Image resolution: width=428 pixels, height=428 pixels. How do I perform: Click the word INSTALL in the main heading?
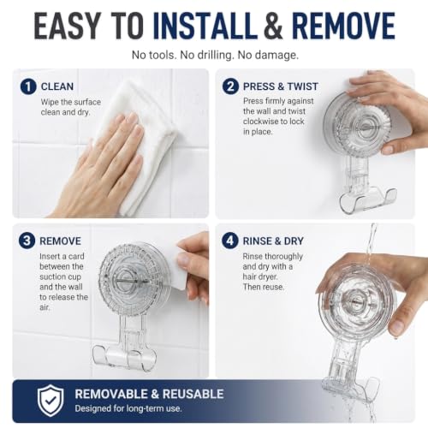tap(205, 26)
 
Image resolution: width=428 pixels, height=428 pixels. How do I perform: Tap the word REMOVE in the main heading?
tap(343, 26)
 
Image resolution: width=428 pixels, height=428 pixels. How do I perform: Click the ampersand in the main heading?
tap(274, 26)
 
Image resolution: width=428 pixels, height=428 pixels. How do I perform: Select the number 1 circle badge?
tap(28, 86)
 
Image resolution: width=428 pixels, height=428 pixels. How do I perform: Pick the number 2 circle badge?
tap(230, 86)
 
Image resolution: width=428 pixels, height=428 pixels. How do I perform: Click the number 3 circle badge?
tap(27, 241)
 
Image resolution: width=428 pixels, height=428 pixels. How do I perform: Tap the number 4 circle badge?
tap(230, 241)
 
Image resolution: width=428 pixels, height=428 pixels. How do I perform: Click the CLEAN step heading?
tap(57, 86)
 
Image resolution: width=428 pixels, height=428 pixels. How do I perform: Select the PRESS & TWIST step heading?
tap(281, 86)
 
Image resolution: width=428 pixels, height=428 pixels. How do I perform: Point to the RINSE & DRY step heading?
tap(273, 241)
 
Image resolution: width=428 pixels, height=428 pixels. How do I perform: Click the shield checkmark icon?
tap(51, 401)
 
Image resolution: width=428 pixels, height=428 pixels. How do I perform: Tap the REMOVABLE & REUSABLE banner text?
tap(149, 394)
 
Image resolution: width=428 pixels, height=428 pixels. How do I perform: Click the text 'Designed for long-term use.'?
tap(128, 408)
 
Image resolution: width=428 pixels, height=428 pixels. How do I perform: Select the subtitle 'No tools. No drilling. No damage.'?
tap(215, 55)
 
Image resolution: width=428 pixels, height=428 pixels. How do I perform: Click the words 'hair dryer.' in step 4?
tap(260, 276)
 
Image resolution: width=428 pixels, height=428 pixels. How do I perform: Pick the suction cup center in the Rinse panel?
tap(357, 301)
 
